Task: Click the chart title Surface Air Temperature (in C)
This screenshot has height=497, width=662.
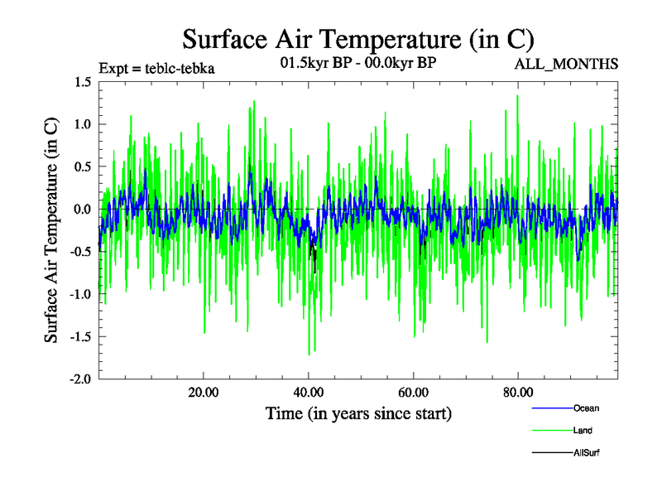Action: (x=358, y=38)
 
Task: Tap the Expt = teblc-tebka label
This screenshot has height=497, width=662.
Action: (x=156, y=69)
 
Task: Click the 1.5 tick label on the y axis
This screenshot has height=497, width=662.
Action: (x=83, y=82)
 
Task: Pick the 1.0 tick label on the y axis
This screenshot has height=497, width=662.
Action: (x=83, y=124)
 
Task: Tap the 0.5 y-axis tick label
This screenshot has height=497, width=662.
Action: (x=83, y=166)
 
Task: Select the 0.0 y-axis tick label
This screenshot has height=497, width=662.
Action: (x=83, y=210)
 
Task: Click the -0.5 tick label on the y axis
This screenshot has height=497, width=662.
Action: (x=81, y=252)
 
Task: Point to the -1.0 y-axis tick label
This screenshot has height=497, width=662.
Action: (x=81, y=294)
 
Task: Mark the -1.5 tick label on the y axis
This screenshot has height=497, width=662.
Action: (x=81, y=337)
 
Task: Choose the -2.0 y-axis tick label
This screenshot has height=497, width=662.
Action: (x=81, y=379)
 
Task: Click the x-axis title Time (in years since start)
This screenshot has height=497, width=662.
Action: (x=358, y=413)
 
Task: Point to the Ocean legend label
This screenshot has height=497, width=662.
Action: (x=586, y=408)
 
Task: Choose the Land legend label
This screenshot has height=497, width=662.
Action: (x=583, y=431)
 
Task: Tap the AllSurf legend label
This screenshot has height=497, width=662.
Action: (x=586, y=453)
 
